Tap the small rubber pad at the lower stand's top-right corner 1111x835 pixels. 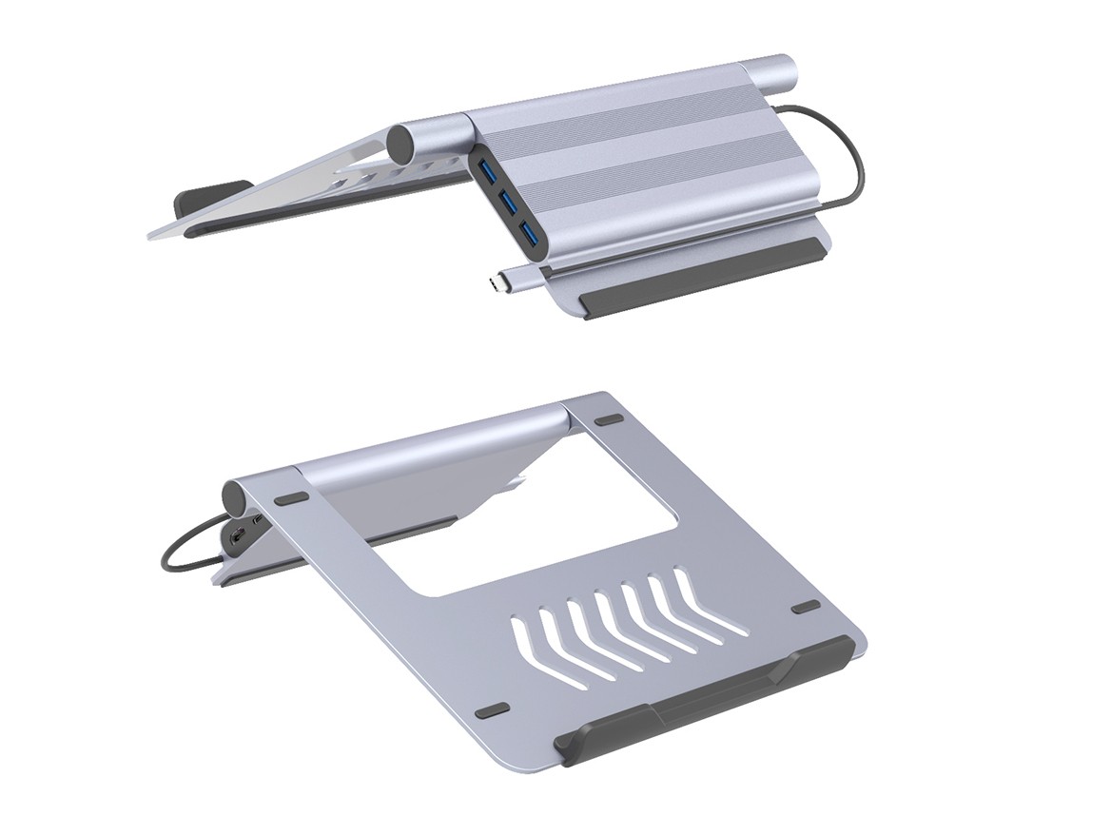(607, 418)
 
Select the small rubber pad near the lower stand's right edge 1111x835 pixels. (805, 607)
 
